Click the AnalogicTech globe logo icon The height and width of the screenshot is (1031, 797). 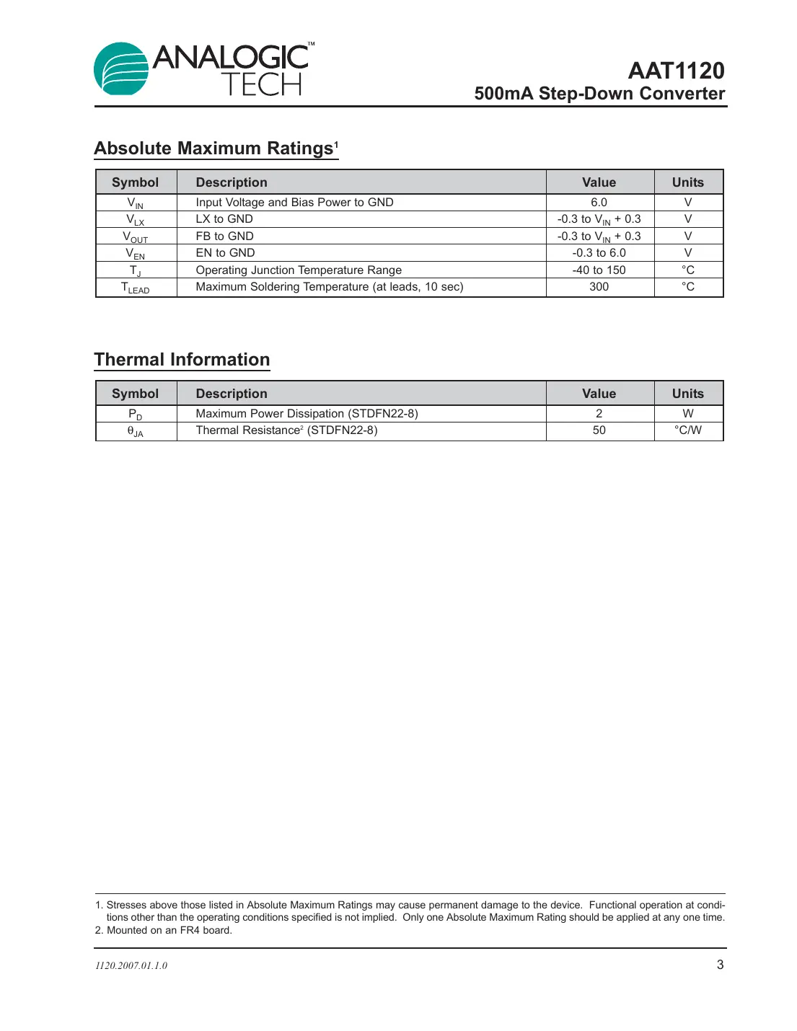[x=121, y=68]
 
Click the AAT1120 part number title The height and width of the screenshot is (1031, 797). [x=676, y=71]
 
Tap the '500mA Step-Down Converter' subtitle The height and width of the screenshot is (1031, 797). [x=599, y=94]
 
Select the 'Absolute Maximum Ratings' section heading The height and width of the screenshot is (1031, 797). [x=215, y=149]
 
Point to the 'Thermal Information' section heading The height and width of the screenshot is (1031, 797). [x=182, y=360]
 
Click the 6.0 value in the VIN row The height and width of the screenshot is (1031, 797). [x=599, y=203]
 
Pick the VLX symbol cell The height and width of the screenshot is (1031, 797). [x=136, y=220]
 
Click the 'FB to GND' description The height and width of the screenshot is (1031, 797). [x=224, y=236]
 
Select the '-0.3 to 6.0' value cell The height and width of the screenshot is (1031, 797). [x=599, y=253]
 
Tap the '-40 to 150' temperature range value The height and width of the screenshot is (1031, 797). [x=599, y=270]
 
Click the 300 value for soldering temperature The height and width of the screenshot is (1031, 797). [x=599, y=287]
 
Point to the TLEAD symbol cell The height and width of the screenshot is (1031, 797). [x=136, y=288]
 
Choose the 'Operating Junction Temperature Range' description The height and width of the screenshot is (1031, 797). [x=299, y=270]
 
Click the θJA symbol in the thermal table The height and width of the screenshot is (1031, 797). [x=136, y=431]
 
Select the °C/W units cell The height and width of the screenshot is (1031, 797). [x=687, y=430]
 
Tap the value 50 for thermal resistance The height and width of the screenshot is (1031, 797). [x=599, y=430]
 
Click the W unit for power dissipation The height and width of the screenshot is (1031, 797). [x=687, y=414]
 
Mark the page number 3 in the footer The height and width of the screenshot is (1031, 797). [x=719, y=965]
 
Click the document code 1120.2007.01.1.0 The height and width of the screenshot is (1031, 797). [x=131, y=965]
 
